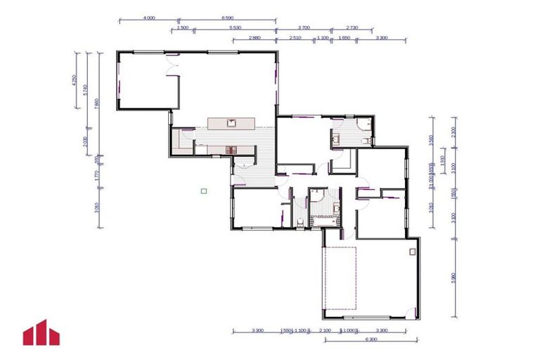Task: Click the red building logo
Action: click(x=41, y=333)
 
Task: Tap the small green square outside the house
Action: click(x=203, y=190)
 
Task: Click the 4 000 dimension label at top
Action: click(x=148, y=18)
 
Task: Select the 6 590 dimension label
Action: click(x=226, y=18)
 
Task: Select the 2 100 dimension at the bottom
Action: click(x=324, y=330)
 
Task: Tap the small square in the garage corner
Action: click(x=413, y=250)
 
